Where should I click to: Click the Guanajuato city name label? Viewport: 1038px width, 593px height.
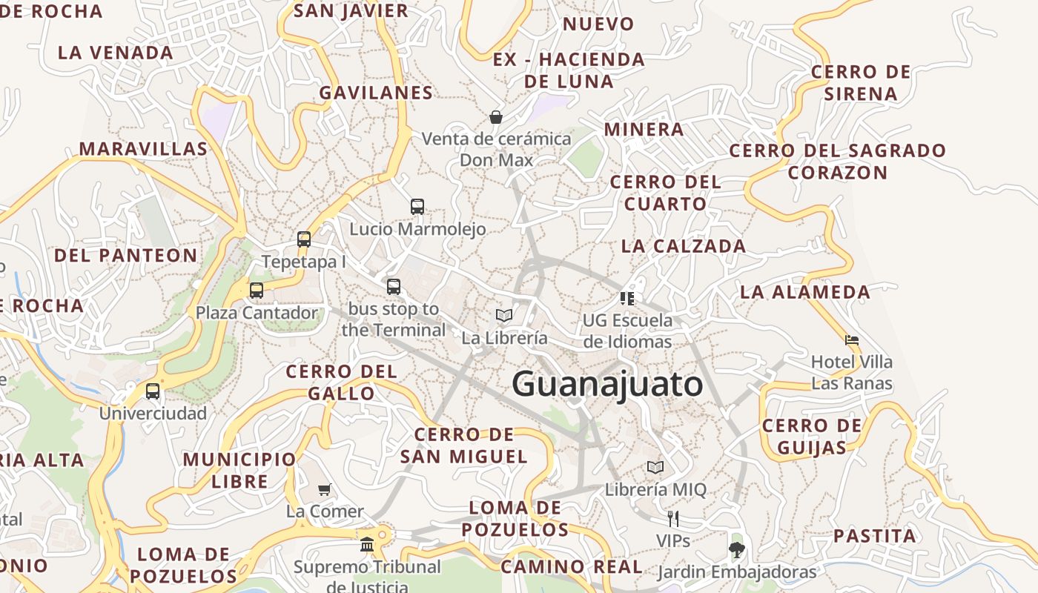(607, 385)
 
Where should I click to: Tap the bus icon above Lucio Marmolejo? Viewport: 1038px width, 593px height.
(417, 207)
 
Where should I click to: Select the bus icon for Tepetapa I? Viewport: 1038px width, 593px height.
(304, 239)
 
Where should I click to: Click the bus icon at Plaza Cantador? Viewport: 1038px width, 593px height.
(257, 291)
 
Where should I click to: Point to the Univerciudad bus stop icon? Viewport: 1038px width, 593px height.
(153, 391)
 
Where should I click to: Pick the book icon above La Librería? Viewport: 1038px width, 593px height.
(504, 316)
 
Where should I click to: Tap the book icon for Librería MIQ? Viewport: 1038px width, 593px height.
(655, 468)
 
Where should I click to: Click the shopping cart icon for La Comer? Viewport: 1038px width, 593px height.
(325, 489)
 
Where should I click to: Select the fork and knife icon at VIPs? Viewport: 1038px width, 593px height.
(673, 518)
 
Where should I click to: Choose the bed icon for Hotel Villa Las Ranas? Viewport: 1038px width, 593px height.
(852, 340)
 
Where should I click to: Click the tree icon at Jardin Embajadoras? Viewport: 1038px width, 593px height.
(736, 549)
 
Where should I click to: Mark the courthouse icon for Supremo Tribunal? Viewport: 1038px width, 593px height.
(367, 546)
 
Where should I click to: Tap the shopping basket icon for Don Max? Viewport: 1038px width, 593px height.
(496, 117)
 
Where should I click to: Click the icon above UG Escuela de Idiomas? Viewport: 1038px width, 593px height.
(627, 299)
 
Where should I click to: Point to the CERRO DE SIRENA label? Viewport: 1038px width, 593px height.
(861, 83)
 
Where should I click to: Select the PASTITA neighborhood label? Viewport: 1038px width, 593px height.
(875, 536)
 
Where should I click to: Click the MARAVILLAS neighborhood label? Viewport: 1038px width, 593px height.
(144, 149)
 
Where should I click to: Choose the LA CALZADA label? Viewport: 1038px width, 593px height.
(684, 246)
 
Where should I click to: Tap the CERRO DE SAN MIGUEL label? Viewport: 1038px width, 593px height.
(464, 445)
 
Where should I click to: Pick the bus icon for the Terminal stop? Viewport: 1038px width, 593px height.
(394, 286)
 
